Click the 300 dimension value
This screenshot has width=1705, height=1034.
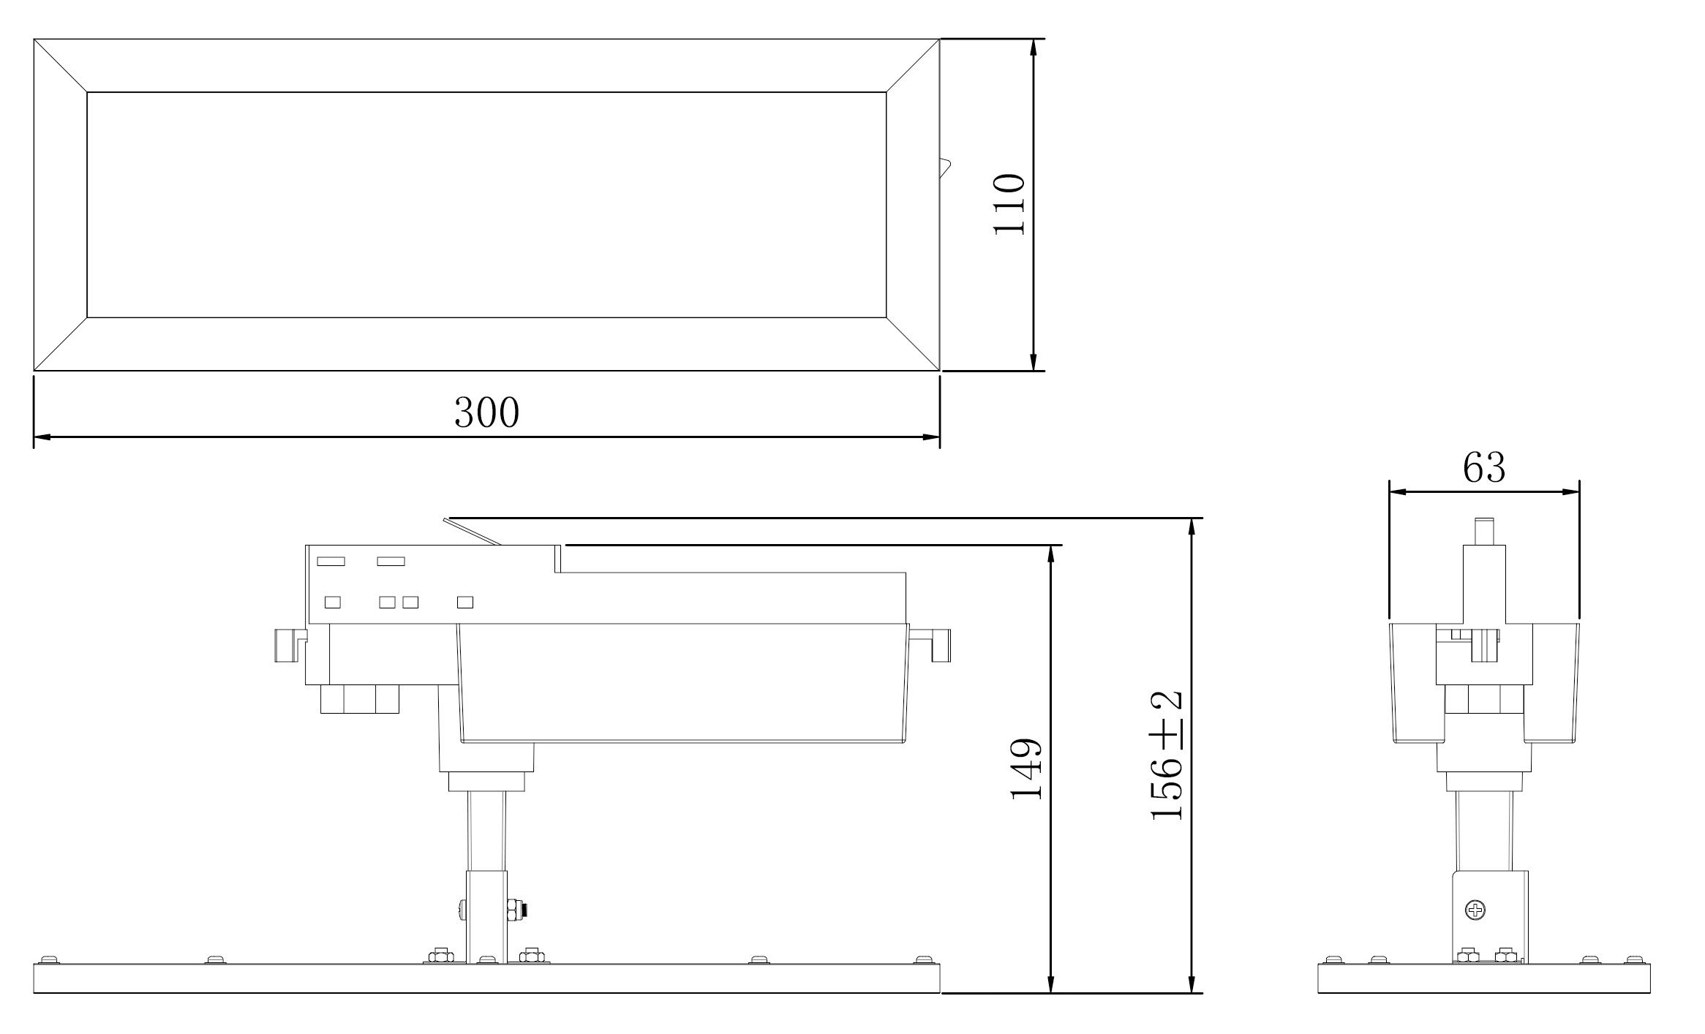(x=486, y=412)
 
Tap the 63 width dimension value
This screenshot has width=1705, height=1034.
(x=1484, y=468)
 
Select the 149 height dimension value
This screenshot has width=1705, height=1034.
(x=1025, y=769)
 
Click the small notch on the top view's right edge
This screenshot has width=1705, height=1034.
(x=945, y=167)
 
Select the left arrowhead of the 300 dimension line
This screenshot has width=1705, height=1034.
(x=42, y=437)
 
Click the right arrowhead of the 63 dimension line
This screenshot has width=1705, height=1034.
(x=1570, y=491)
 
